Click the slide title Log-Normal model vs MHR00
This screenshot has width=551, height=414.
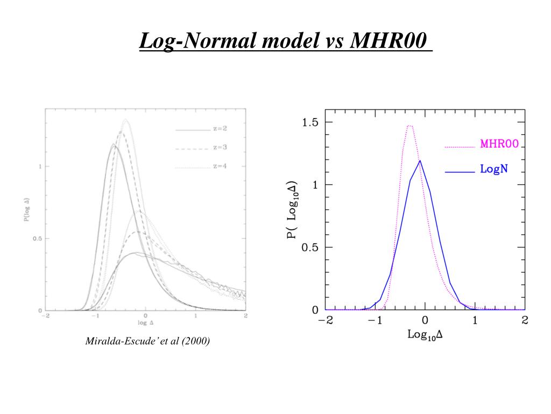pyautogui.click(x=285, y=42)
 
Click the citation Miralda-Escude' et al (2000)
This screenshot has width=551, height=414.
pyautogui.click(x=147, y=341)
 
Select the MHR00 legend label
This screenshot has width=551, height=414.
pyautogui.click(x=499, y=144)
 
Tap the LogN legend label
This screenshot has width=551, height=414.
pyautogui.click(x=494, y=169)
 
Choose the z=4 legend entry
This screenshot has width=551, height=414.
pyautogui.click(x=220, y=167)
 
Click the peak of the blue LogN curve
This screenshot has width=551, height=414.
pyautogui.click(x=420, y=161)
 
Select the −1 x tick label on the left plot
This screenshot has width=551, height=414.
pyautogui.click(x=96, y=316)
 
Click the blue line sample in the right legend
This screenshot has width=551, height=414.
pyautogui.click(x=459, y=172)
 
